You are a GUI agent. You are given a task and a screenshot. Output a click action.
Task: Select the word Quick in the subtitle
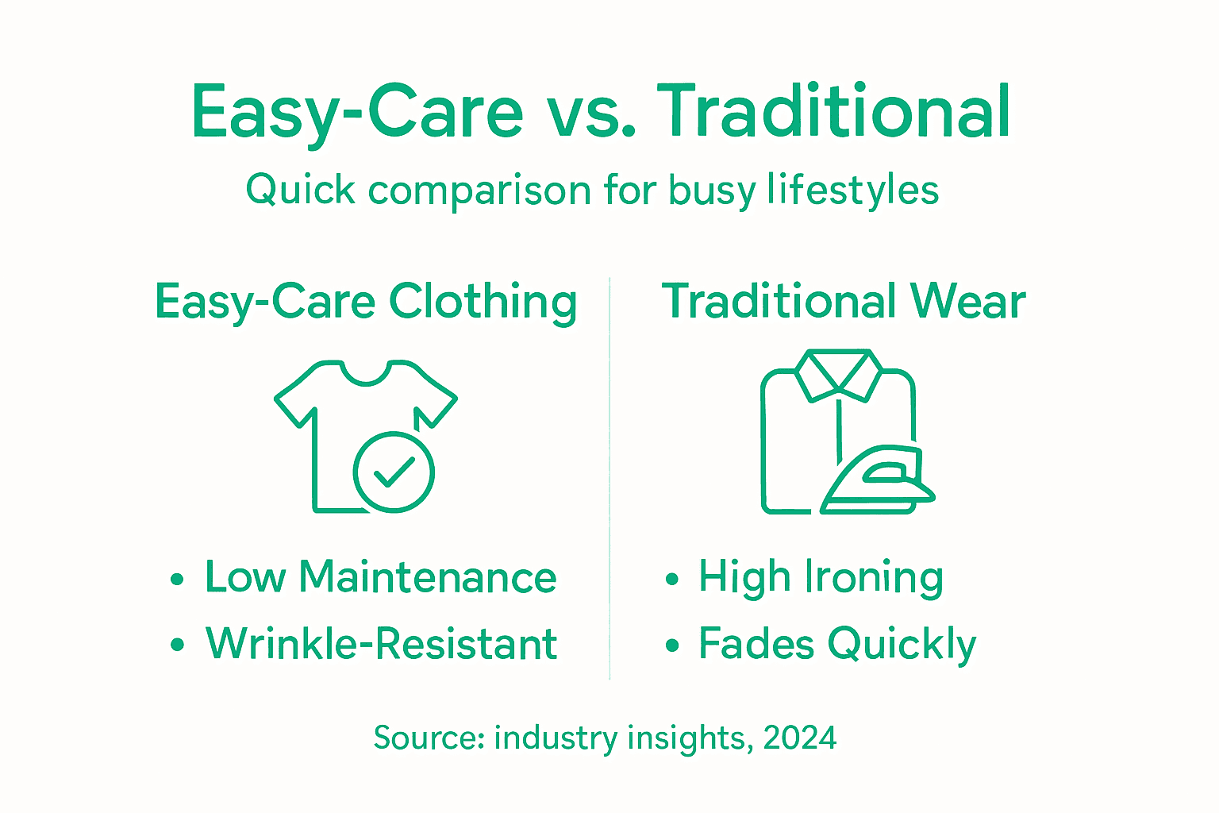[300, 191]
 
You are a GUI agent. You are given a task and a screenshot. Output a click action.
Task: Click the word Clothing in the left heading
[483, 303]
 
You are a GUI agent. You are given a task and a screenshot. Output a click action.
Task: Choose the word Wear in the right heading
[967, 302]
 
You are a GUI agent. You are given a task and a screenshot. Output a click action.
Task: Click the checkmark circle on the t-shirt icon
[394, 472]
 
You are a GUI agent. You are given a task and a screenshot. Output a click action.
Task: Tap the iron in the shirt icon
[878, 480]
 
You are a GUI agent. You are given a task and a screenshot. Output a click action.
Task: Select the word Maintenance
[428, 577]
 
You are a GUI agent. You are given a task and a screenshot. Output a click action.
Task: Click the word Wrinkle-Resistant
[381, 643]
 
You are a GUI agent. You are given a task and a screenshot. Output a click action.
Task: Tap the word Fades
[756, 643]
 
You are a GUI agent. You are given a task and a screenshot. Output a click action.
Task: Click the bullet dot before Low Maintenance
[177, 580]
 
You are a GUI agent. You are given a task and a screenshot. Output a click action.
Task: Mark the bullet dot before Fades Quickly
[672, 645]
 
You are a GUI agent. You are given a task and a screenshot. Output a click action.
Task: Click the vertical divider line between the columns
[609, 476]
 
